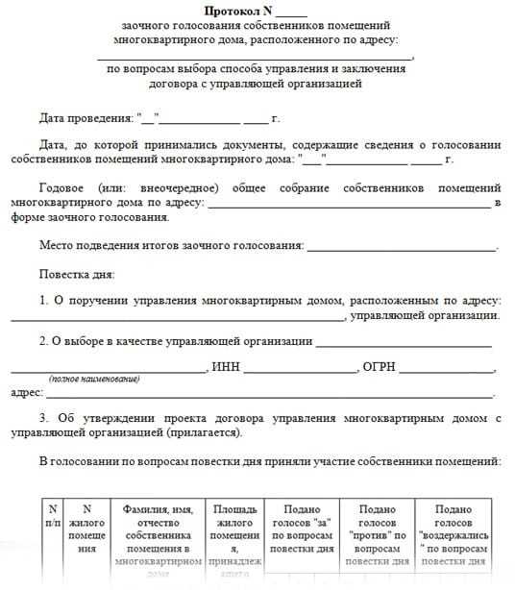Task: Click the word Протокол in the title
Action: tap(233, 12)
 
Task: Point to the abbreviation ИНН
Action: tap(226, 367)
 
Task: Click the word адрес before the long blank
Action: tap(26, 393)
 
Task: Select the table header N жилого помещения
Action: tap(87, 528)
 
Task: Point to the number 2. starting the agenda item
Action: tap(44, 341)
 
